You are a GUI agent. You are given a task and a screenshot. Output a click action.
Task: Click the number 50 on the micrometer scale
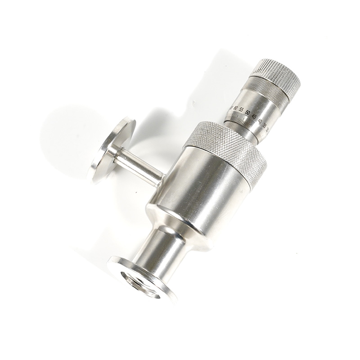247,112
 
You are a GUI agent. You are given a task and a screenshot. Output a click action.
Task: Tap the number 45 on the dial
254,117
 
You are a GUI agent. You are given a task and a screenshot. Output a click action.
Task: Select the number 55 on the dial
242,110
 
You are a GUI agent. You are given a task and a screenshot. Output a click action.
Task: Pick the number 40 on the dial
260,121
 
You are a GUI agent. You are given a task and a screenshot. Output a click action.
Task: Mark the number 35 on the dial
265,125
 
